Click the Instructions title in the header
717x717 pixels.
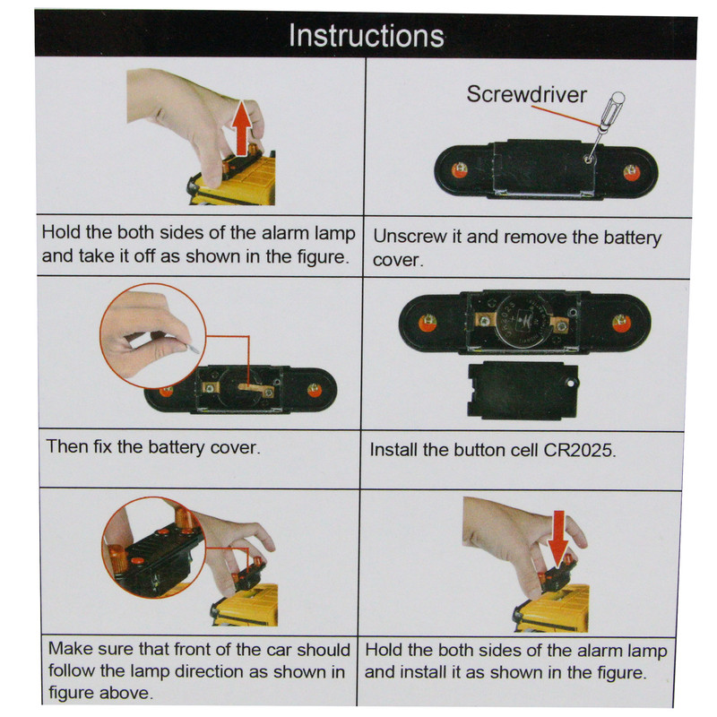pos(367,35)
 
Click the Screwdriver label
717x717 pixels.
pos(526,95)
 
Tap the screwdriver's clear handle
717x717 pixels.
pos(613,109)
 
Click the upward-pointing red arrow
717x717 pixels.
pos(241,127)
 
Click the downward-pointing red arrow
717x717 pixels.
pos(558,538)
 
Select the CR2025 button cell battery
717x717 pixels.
pos(524,322)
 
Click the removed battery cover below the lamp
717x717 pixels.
pos(523,390)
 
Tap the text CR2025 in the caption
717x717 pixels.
pos(579,450)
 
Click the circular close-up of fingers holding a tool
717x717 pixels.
pos(152,335)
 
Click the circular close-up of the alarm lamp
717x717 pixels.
pos(153,548)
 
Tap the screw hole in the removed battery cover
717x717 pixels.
pos(570,383)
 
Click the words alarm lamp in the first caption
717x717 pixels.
pos(308,233)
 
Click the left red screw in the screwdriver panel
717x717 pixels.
pos(459,170)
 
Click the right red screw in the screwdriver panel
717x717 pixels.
pos(632,172)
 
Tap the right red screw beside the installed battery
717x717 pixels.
pos(621,323)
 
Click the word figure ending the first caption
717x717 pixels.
pos(323,257)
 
